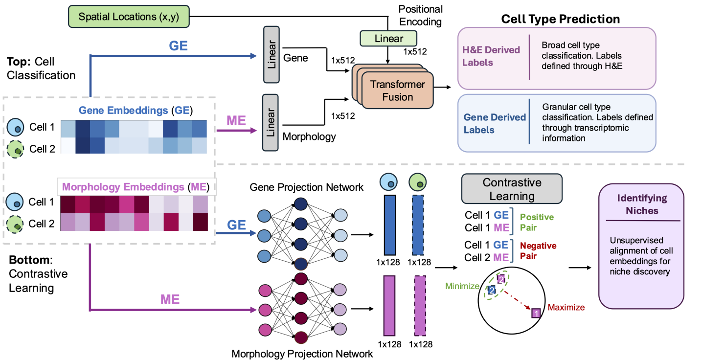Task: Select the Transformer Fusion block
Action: (x=398, y=90)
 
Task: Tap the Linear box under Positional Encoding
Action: (x=388, y=38)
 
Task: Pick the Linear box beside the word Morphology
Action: (x=271, y=122)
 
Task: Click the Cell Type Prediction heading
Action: (x=561, y=19)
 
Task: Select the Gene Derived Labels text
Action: (x=494, y=124)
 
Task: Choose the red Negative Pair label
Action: (x=538, y=250)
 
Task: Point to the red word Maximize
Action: (x=566, y=308)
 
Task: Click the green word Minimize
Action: (x=461, y=286)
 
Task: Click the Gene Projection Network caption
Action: (x=307, y=187)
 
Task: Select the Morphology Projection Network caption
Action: (x=302, y=353)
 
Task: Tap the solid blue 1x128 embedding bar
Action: (x=390, y=225)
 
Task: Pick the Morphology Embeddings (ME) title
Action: (x=136, y=187)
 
